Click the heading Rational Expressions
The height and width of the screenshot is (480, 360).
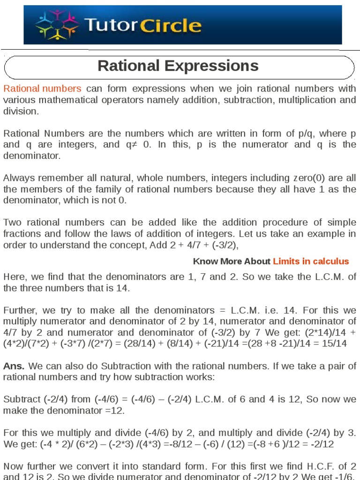pos(178,66)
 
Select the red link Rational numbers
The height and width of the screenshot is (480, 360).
pos(43,89)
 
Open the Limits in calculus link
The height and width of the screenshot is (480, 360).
pos(311,261)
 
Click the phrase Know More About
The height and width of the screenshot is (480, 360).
pos(232,261)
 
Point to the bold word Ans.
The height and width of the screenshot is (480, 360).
pos(14,366)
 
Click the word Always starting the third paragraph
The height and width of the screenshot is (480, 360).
pos(18,178)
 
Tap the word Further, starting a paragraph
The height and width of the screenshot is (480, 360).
pos(20,310)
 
